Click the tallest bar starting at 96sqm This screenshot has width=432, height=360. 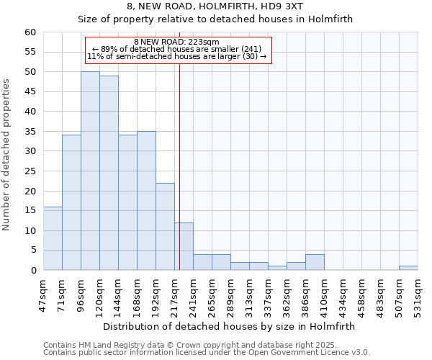pos(90,171)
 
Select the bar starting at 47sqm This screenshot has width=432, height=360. pos(53,238)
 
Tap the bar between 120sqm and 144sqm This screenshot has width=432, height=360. pos(109,173)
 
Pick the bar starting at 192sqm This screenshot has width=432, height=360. pos(165,226)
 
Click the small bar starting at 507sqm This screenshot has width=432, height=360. pos(408,268)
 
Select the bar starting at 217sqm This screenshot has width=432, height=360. pos(184,246)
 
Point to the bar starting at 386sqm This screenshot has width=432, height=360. pos(315,262)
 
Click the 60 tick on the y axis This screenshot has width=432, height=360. pos(30,32)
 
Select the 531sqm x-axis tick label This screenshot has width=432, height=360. pos(418,294)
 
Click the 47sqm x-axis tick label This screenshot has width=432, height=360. pos(44,294)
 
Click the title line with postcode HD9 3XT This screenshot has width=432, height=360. pos(215,6)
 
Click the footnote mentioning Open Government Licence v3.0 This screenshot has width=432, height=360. pos(207,353)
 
